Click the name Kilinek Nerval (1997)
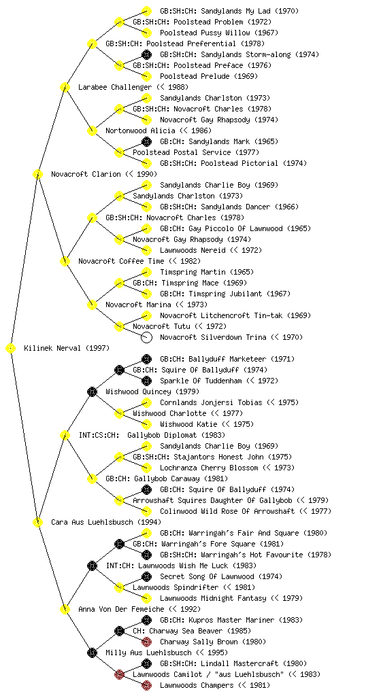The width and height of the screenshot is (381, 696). pos(67,348)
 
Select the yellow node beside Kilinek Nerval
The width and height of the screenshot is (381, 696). pos(11,349)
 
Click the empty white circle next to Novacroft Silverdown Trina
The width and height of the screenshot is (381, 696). pos(146,337)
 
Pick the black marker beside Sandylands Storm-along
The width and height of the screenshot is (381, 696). pos(146,54)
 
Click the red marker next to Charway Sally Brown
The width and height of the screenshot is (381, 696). pos(146,642)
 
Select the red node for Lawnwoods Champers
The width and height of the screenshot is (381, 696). pos(146,685)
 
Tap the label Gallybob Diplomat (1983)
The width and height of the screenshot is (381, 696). pos(176,435)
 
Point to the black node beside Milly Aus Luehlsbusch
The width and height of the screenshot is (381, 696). pos(92,652)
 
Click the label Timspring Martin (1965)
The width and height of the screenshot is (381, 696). pos(207,272)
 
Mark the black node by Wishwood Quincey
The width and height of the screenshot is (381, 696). pos(92,391)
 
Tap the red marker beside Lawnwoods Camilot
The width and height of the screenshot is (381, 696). pos(119,675)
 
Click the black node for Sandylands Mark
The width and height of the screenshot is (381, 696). pos(146,141)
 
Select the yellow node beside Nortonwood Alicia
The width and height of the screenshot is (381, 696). pos(92,130)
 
